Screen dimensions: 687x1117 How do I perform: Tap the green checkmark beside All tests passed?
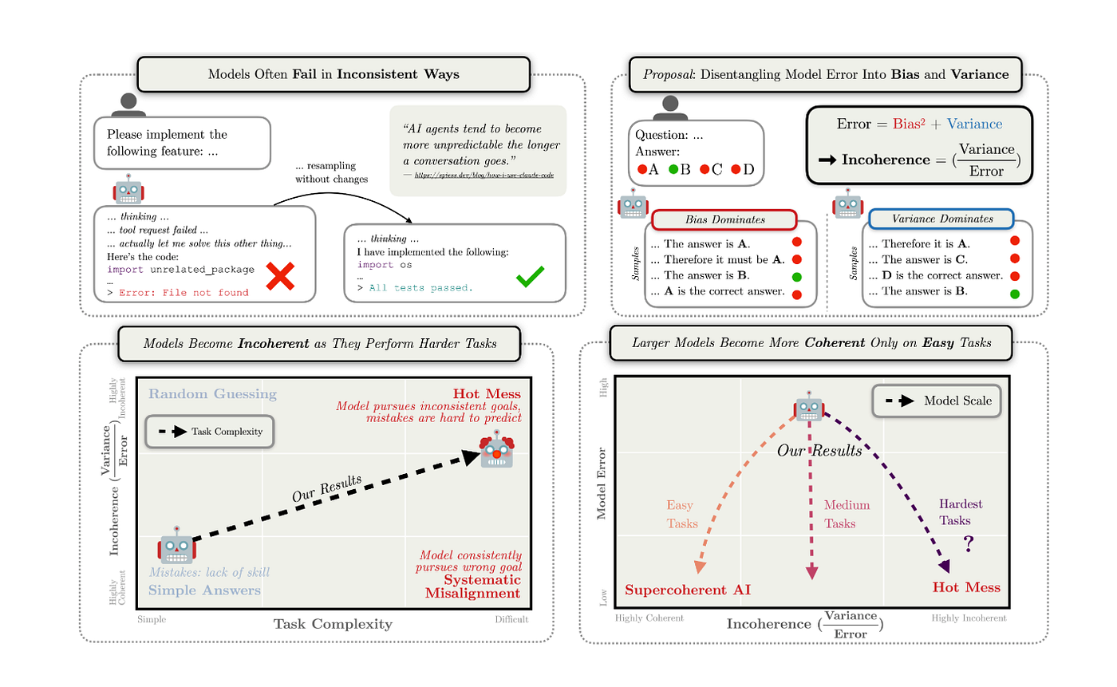click(530, 276)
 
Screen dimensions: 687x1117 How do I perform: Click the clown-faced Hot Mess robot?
click(496, 449)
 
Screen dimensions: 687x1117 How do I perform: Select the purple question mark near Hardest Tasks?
click(969, 544)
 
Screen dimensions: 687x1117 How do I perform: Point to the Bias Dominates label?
click(724, 219)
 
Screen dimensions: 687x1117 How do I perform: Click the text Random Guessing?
click(212, 394)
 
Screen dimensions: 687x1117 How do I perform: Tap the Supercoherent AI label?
click(688, 590)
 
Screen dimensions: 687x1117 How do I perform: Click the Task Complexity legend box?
click(209, 432)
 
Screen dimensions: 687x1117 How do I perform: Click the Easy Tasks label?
click(682, 514)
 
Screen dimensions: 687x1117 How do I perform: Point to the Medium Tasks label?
click(847, 514)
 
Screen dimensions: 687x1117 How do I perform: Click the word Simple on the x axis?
click(151, 619)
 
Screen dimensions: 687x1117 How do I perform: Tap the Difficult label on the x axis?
click(512, 619)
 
